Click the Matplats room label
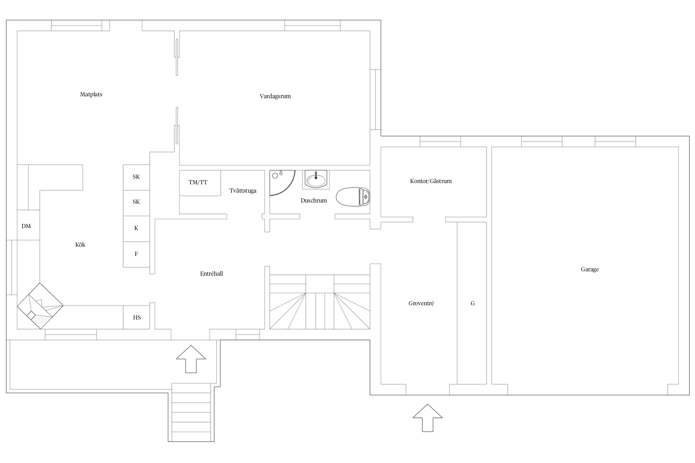[x=91, y=94]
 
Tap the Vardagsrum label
[x=275, y=96]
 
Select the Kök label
[x=80, y=245]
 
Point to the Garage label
[x=590, y=269]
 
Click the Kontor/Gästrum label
[x=431, y=181]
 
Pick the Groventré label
[x=421, y=303]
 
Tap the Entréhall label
[x=212, y=274]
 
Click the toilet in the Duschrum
[x=353, y=197]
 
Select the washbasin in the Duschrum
[x=316, y=180]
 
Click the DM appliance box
[x=28, y=225]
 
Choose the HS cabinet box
[x=137, y=317]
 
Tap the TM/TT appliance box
[x=200, y=183]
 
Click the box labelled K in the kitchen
[x=137, y=229]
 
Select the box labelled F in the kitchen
[x=137, y=254]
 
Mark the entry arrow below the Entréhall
[x=191, y=359]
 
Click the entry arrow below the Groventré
[x=428, y=418]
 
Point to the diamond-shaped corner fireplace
[x=40, y=306]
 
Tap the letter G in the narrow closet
[x=473, y=303]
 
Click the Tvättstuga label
[x=243, y=191]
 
